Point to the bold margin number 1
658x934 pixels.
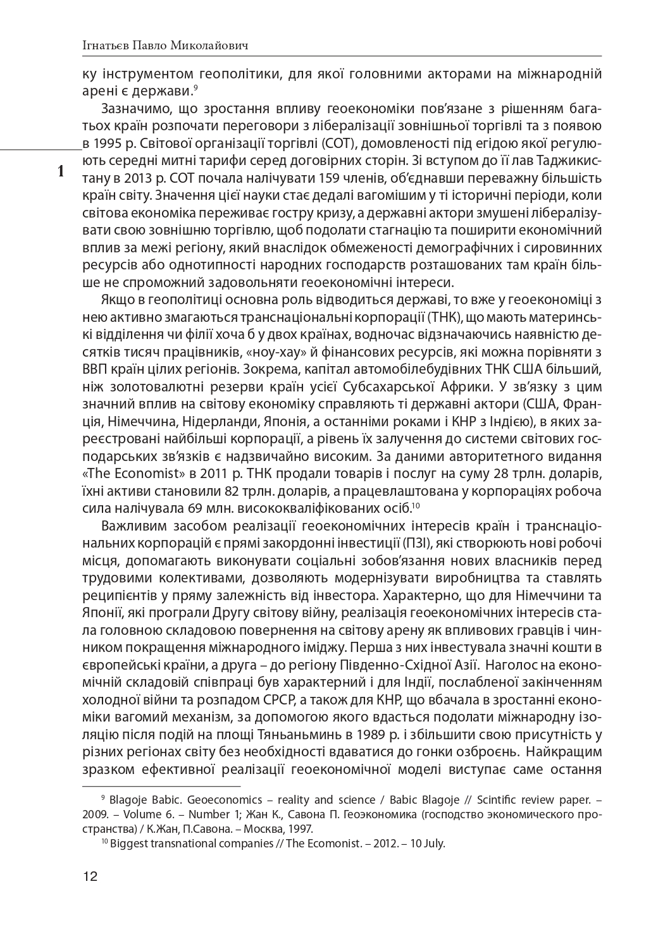click(61, 170)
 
